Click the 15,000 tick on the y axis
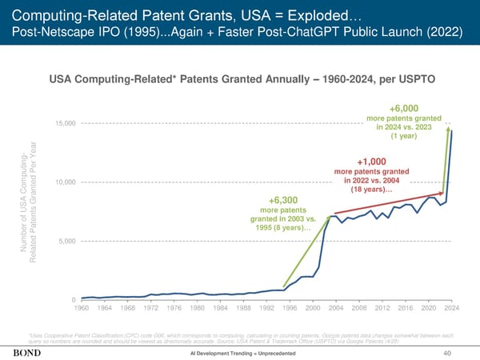(x=66, y=122)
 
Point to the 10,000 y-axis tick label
(x=66, y=182)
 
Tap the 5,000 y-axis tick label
(x=68, y=241)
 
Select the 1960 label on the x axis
(x=82, y=308)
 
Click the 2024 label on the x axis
(x=452, y=308)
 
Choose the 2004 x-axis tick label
(x=336, y=308)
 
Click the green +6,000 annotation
(x=404, y=109)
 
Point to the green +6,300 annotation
(x=284, y=200)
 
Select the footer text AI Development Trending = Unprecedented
(x=240, y=354)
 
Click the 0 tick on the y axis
(x=74, y=300)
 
